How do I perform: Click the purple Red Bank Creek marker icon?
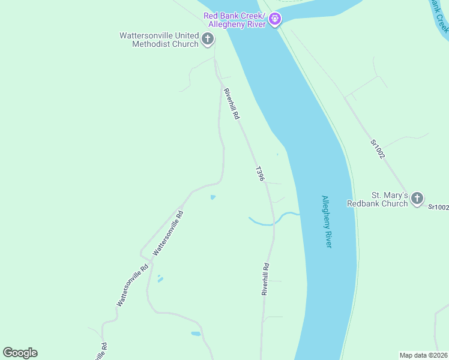click(x=275, y=20)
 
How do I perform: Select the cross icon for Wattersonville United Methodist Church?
click(x=207, y=40)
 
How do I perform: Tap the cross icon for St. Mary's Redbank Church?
click(x=417, y=198)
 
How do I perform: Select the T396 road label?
click(x=260, y=174)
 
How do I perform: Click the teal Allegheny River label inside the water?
click(x=327, y=221)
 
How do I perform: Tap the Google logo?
click(x=20, y=352)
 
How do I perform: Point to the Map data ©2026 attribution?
click(x=424, y=355)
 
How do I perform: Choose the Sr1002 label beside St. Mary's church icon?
click(x=438, y=207)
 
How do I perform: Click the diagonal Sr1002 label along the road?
click(x=377, y=149)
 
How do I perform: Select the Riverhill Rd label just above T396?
click(x=232, y=103)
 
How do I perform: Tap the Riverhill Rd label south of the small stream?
click(x=265, y=279)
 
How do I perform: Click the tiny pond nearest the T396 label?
click(x=212, y=197)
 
